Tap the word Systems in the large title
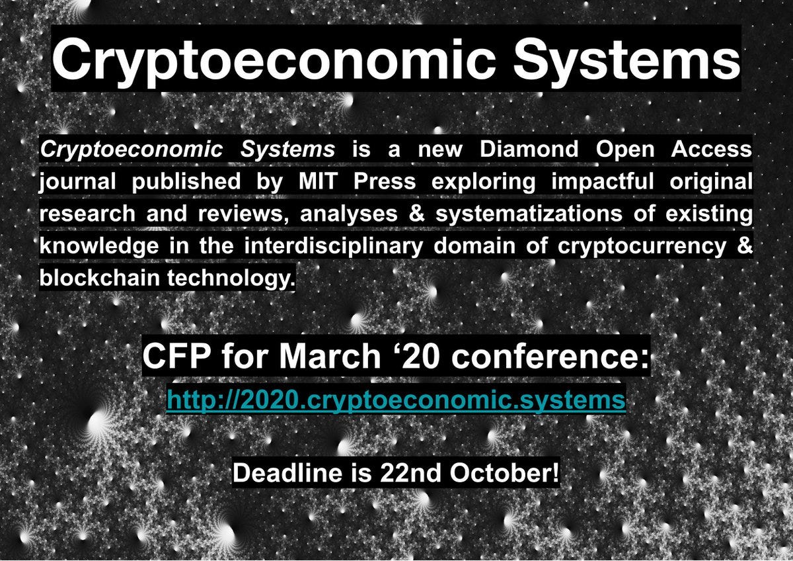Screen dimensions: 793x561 [x=626, y=60]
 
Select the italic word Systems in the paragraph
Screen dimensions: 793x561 [x=287, y=150]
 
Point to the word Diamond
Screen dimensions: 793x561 [x=529, y=149]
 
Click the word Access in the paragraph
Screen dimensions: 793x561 [x=712, y=149]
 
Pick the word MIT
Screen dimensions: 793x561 [x=318, y=181]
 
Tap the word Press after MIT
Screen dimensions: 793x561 [x=385, y=181]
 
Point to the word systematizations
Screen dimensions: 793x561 [x=529, y=214]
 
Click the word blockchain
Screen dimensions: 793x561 [x=100, y=277]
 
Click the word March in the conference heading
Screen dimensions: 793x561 [x=330, y=356]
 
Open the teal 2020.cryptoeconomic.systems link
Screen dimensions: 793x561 [x=396, y=400]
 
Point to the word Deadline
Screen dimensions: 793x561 [x=288, y=472]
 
